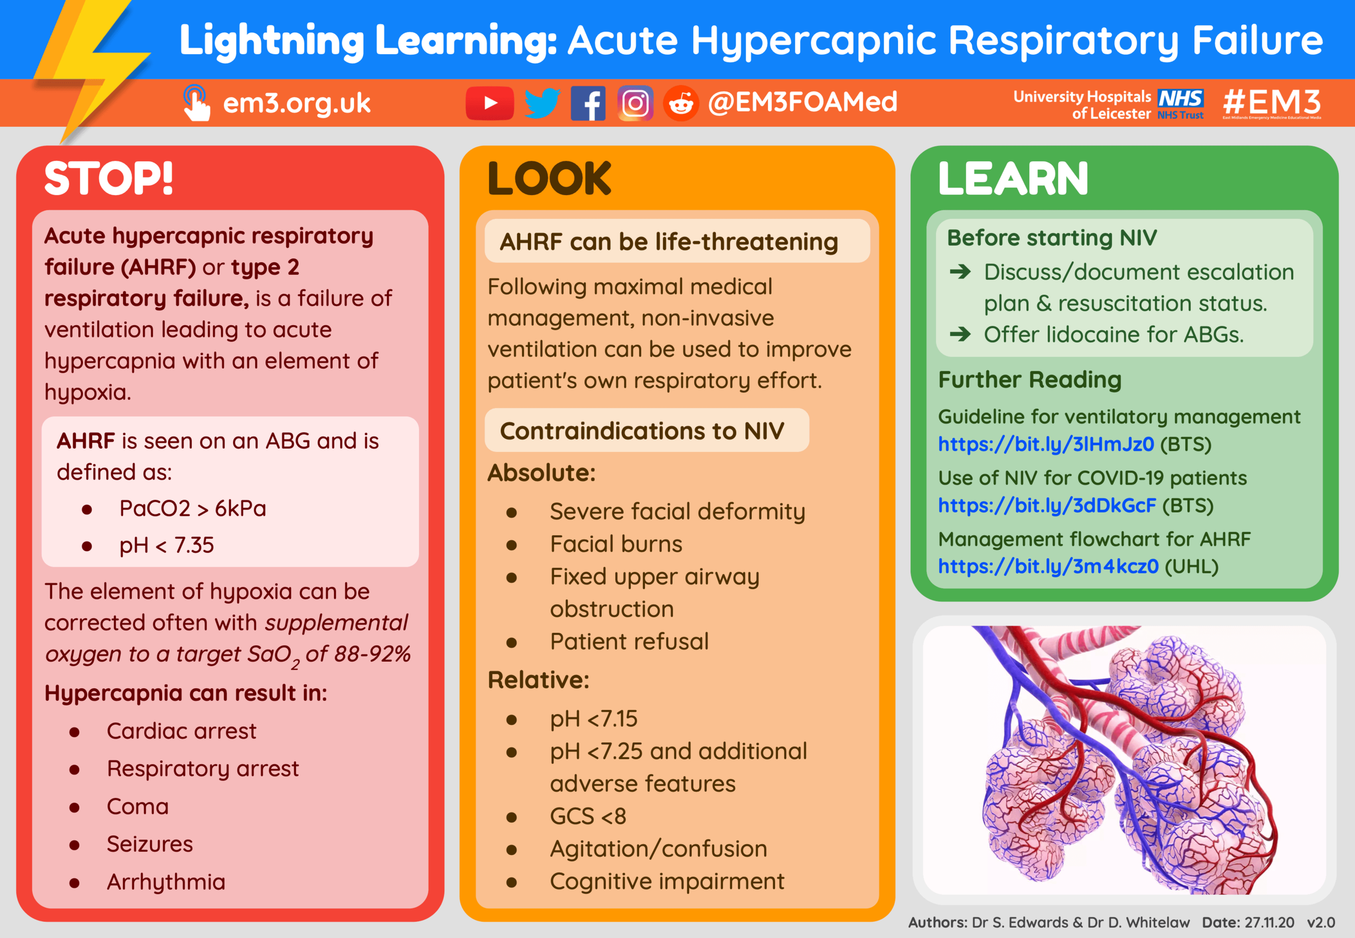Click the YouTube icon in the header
[489, 103]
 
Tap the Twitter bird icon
[541, 103]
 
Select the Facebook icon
[588, 103]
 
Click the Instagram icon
[635, 103]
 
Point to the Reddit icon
[681, 103]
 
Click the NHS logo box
[1180, 98]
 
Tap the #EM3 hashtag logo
[1272, 102]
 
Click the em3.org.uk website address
[296, 103]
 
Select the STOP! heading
[109, 178]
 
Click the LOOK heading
[549, 178]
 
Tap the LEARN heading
[1013, 178]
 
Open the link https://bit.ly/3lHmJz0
[1046, 444]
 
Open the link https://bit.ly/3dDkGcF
[1047, 506]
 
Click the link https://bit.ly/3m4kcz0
[1048, 567]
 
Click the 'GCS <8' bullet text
[588, 816]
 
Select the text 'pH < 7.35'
[166, 545]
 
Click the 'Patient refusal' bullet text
[629, 642]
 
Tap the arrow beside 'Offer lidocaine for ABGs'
[960, 334]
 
